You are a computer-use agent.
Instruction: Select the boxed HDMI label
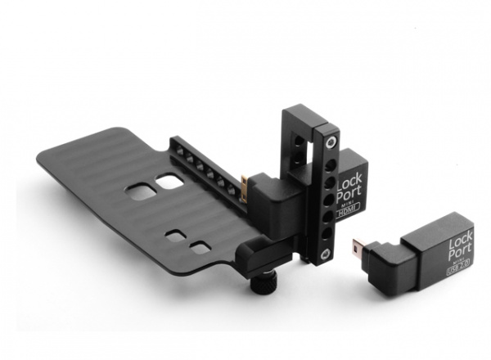[348, 212]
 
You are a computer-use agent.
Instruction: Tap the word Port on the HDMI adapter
[349, 195]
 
